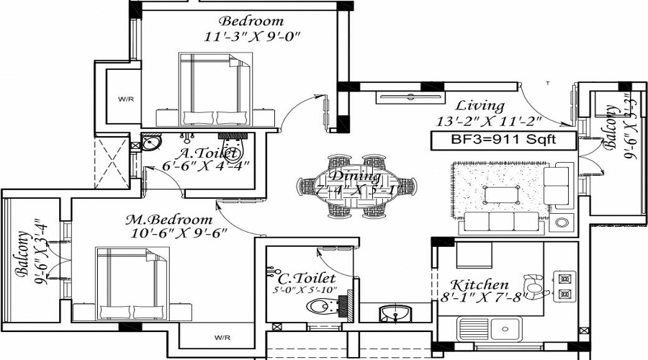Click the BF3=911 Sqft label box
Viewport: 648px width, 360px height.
tap(503, 141)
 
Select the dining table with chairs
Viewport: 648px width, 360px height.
tap(356, 185)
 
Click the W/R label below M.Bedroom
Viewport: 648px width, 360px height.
tap(221, 336)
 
